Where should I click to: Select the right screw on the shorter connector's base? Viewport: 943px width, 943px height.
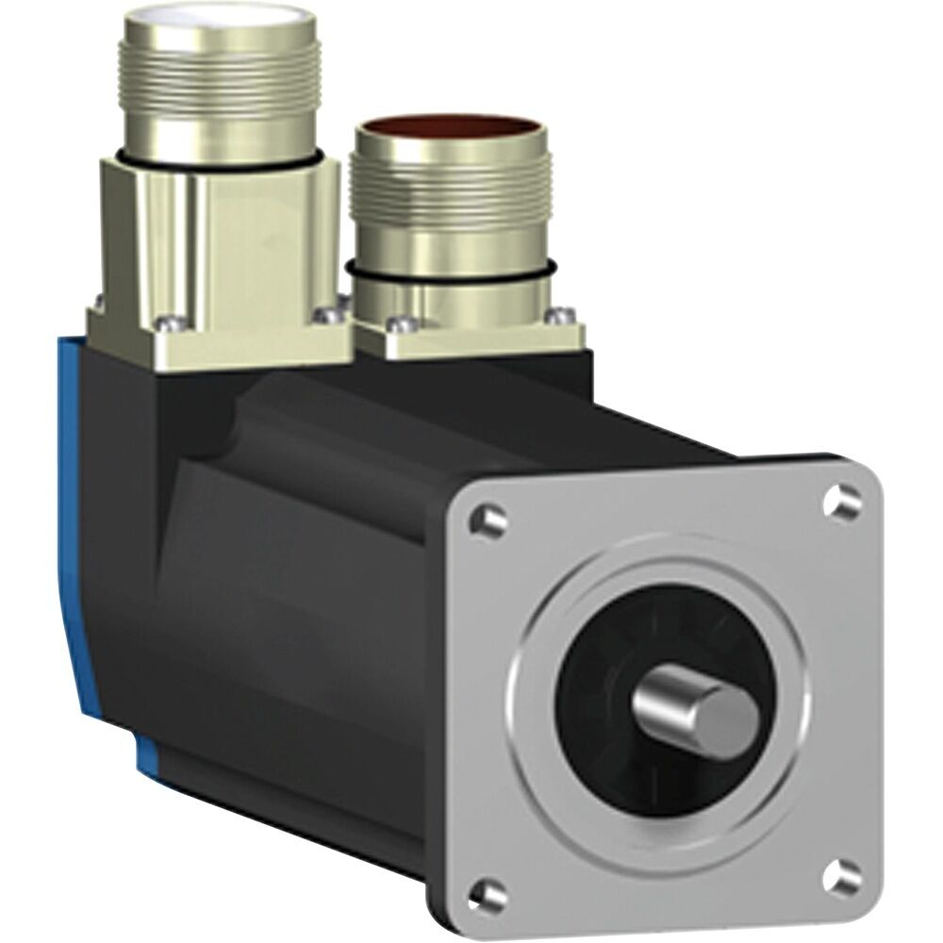[x=565, y=314]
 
